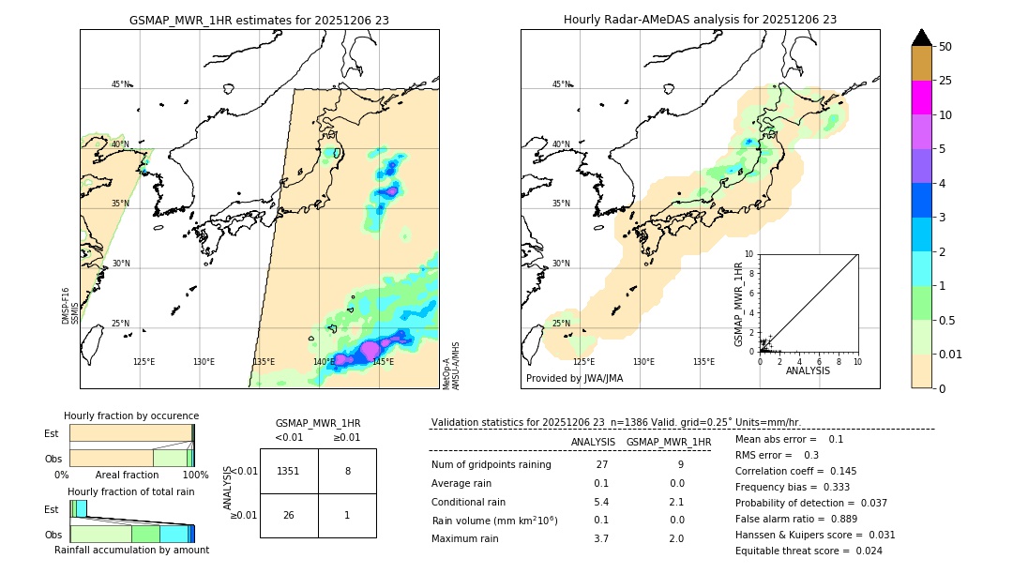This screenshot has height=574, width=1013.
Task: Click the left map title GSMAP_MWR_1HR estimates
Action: tap(259, 19)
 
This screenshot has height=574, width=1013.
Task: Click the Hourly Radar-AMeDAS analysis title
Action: tap(700, 19)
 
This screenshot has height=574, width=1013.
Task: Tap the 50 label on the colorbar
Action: tap(945, 46)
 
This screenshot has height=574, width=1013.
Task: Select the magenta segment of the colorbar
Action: tap(921, 98)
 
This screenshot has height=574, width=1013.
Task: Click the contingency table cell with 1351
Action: tap(289, 471)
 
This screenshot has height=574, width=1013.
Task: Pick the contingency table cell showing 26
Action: tap(289, 515)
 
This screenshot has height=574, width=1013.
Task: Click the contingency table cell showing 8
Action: tap(347, 471)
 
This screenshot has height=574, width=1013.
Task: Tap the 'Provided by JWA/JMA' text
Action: tap(574, 378)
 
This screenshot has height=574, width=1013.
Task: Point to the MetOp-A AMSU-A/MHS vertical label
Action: tap(450, 366)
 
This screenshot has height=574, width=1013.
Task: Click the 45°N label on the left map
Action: tap(120, 84)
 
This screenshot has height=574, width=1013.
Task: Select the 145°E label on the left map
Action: tap(383, 361)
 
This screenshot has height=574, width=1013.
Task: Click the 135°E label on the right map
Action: tap(703, 361)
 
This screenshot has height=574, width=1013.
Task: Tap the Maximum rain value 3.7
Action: tap(601, 538)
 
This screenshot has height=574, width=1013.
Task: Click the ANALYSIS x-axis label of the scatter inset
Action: tap(808, 370)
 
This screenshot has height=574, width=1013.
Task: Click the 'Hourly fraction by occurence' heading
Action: tap(131, 415)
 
